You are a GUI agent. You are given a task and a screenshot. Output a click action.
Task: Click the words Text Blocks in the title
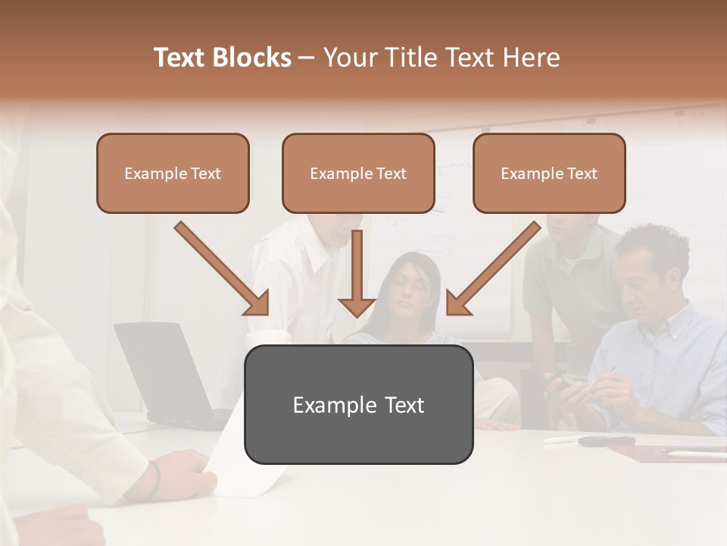pyautogui.click(x=223, y=58)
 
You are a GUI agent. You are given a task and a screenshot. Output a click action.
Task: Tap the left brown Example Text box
pyautogui.click(x=173, y=174)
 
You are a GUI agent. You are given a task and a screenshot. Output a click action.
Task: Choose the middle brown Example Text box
pyautogui.click(x=358, y=174)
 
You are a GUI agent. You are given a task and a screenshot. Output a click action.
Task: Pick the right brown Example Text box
pyautogui.click(x=549, y=174)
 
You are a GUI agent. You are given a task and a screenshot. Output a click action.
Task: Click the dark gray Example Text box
pyautogui.click(x=358, y=405)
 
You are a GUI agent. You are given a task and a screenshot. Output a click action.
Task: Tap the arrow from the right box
pyautogui.click(x=493, y=268)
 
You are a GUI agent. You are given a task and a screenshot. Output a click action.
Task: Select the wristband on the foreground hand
pyautogui.click(x=154, y=479)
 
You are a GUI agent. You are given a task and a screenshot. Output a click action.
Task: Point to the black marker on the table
pyautogui.click(x=607, y=441)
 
